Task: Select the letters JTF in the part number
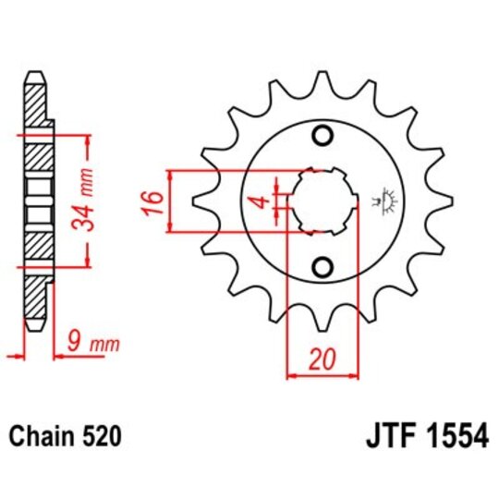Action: pyautogui.click(x=381, y=434)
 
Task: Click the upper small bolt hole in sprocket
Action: pyautogui.click(x=323, y=138)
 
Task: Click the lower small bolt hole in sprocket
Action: pyautogui.click(x=323, y=268)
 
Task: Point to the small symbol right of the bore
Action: pyautogui.click(x=379, y=197)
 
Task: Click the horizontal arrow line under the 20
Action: pyautogui.click(x=323, y=376)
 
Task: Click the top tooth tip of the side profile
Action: pyautogui.click(x=33, y=74)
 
